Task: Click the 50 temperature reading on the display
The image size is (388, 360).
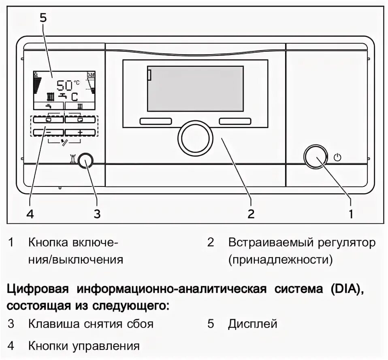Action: click(64, 85)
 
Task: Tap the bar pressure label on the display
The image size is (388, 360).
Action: click(91, 75)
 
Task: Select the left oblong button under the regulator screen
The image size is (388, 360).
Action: click(156, 121)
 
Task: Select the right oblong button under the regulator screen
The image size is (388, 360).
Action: click(235, 121)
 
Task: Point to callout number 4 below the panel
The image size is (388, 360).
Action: click(29, 214)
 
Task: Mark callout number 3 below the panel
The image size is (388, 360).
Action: click(97, 214)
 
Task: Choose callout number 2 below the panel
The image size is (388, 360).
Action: click(251, 214)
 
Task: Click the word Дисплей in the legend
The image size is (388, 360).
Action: click(252, 324)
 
